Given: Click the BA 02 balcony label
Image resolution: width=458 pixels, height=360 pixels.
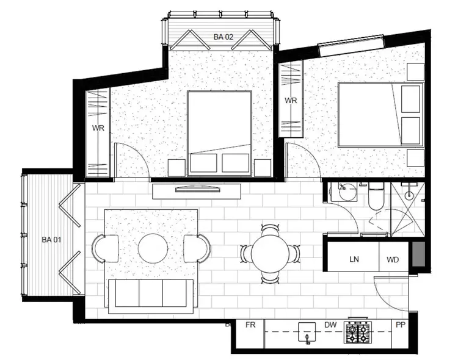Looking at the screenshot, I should click(x=224, y=37).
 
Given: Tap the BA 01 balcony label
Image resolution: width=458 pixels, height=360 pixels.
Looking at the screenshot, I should click(x=51, y=239).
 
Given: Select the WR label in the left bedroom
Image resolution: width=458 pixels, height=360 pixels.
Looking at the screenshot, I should click(x=98, y=128).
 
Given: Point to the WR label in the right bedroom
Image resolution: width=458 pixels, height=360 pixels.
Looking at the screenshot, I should click(x=290, y=101).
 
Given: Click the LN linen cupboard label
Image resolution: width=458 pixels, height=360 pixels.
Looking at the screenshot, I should click(x=354, y=259).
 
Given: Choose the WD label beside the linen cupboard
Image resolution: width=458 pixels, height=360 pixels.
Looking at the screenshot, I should click(x=393, y=259).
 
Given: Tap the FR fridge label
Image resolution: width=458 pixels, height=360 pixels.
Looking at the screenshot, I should click(x=250, y=325).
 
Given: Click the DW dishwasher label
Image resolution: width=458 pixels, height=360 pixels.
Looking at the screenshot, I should click(x=330, y=325).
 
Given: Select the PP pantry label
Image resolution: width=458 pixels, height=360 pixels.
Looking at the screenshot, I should click(x=401, y=325).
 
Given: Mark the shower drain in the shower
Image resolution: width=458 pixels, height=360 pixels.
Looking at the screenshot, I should click(x=408, y=195).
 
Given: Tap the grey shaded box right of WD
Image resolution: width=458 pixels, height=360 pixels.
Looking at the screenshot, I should click(x=417, y=254).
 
